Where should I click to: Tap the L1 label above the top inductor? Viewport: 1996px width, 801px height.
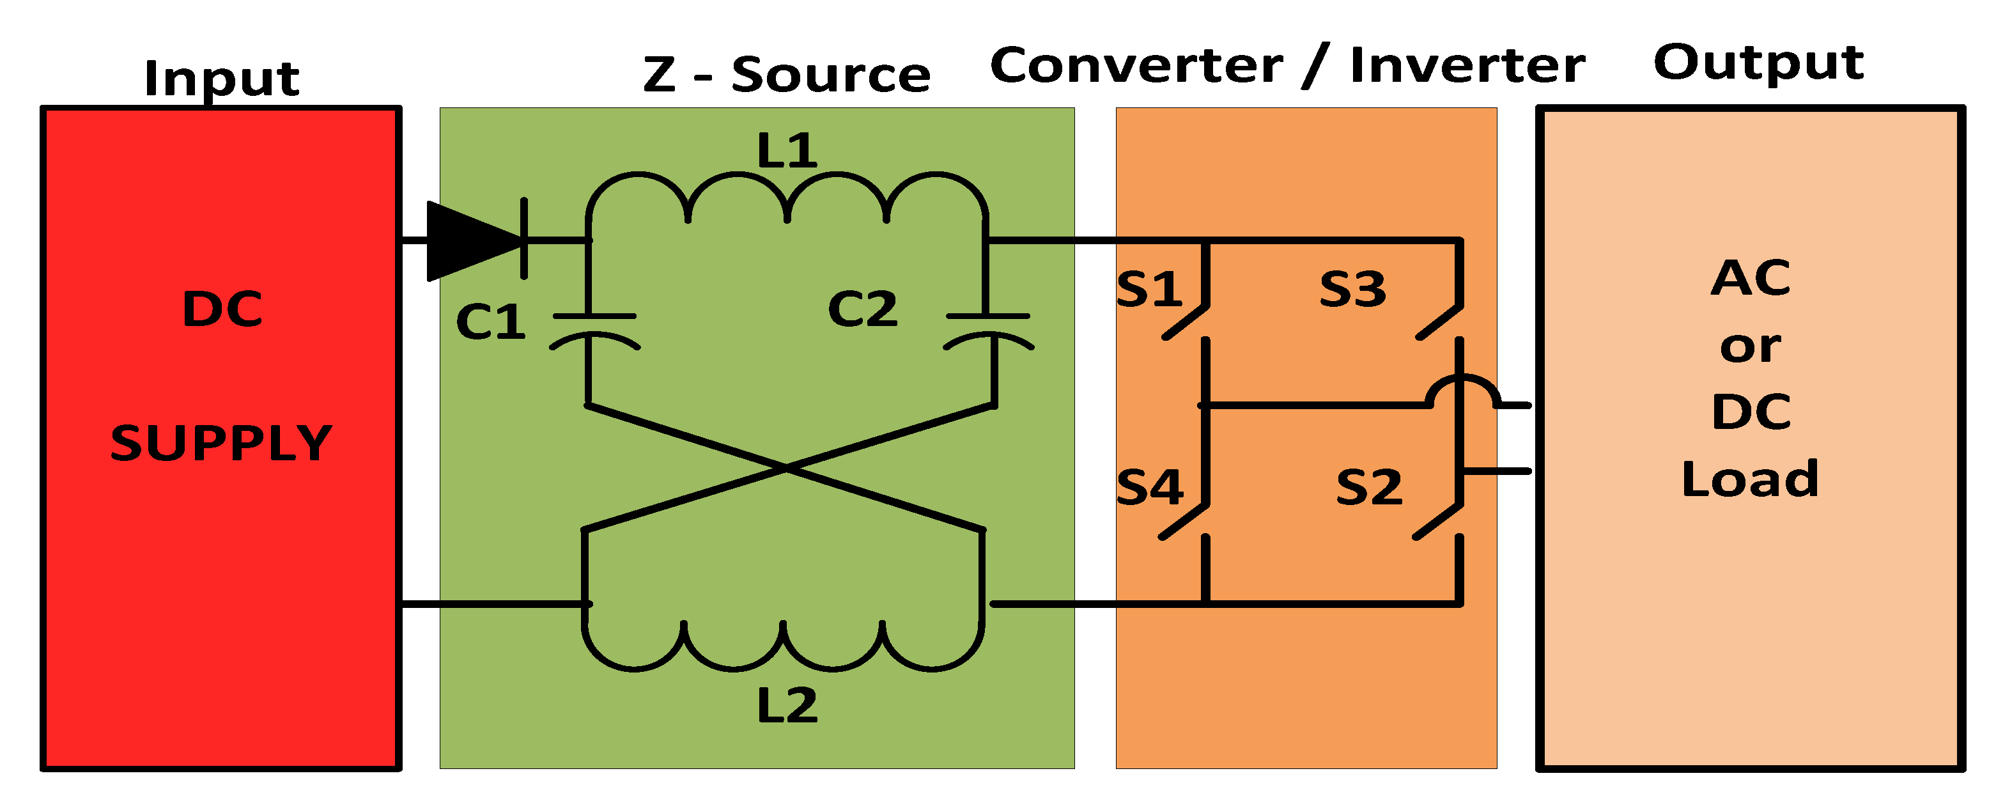(x=787, y=150)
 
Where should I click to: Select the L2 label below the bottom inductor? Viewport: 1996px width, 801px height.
(x=787, y=706)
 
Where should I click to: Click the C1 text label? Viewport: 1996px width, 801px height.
(x=490, y=322)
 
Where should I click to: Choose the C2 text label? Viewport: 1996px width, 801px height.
(x=862, y=309)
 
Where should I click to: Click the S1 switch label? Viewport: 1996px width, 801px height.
(x=1149, y=289)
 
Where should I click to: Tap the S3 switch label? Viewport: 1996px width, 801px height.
(x=1352, y=289)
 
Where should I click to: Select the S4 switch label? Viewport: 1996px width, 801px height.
(x=1149, y=487)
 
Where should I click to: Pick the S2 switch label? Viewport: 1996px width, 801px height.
(x=1369, y=487)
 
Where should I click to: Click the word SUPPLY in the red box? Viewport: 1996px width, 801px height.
(x=221, y=443)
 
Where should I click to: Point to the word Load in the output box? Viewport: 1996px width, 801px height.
(x=1749, y=479)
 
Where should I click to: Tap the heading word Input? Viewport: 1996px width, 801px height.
(x=222, y=78)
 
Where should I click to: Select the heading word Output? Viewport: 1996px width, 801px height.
(x=1758, y=62)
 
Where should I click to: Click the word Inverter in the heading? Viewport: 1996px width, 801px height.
(x=1467, y=65)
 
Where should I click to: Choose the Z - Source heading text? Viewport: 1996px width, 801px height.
(x=787, y=74)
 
